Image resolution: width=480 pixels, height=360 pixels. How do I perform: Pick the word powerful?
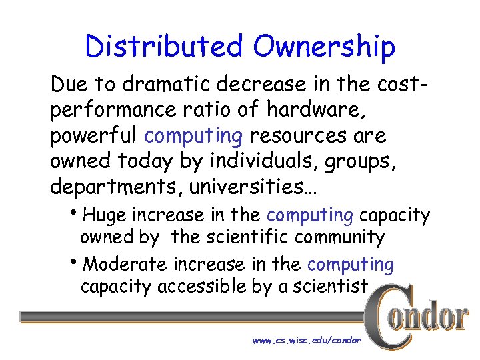point(93,137)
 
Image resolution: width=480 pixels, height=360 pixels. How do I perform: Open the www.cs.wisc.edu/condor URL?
point(307,340)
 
